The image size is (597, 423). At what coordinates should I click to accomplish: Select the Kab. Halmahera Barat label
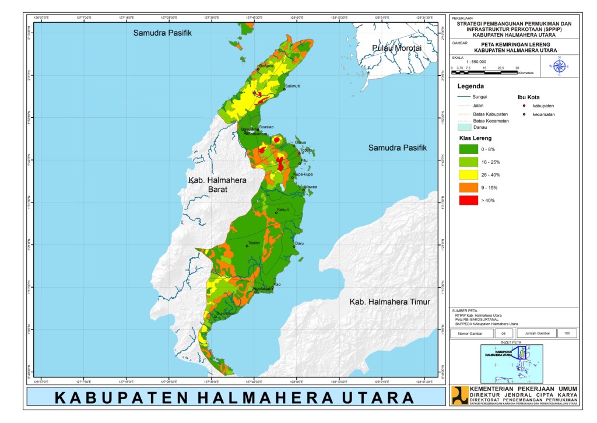(217, 185)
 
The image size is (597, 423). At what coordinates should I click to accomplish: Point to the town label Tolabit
(254, 243)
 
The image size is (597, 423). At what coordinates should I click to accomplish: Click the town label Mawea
(311, 187)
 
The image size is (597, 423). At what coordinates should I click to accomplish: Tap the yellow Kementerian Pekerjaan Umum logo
(459, 396)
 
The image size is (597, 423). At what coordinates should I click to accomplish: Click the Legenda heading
(471, 86)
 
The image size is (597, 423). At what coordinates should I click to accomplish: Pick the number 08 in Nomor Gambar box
(503, 333)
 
